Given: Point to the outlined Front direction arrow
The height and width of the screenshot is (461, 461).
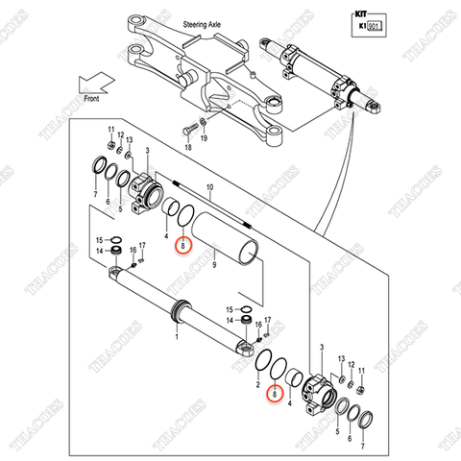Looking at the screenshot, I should (94, 88).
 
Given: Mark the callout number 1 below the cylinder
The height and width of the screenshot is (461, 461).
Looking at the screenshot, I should (176, 336).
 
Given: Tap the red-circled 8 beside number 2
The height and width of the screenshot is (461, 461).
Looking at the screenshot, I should (274, 393).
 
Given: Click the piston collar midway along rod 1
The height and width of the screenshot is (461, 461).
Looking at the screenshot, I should (181, 310).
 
